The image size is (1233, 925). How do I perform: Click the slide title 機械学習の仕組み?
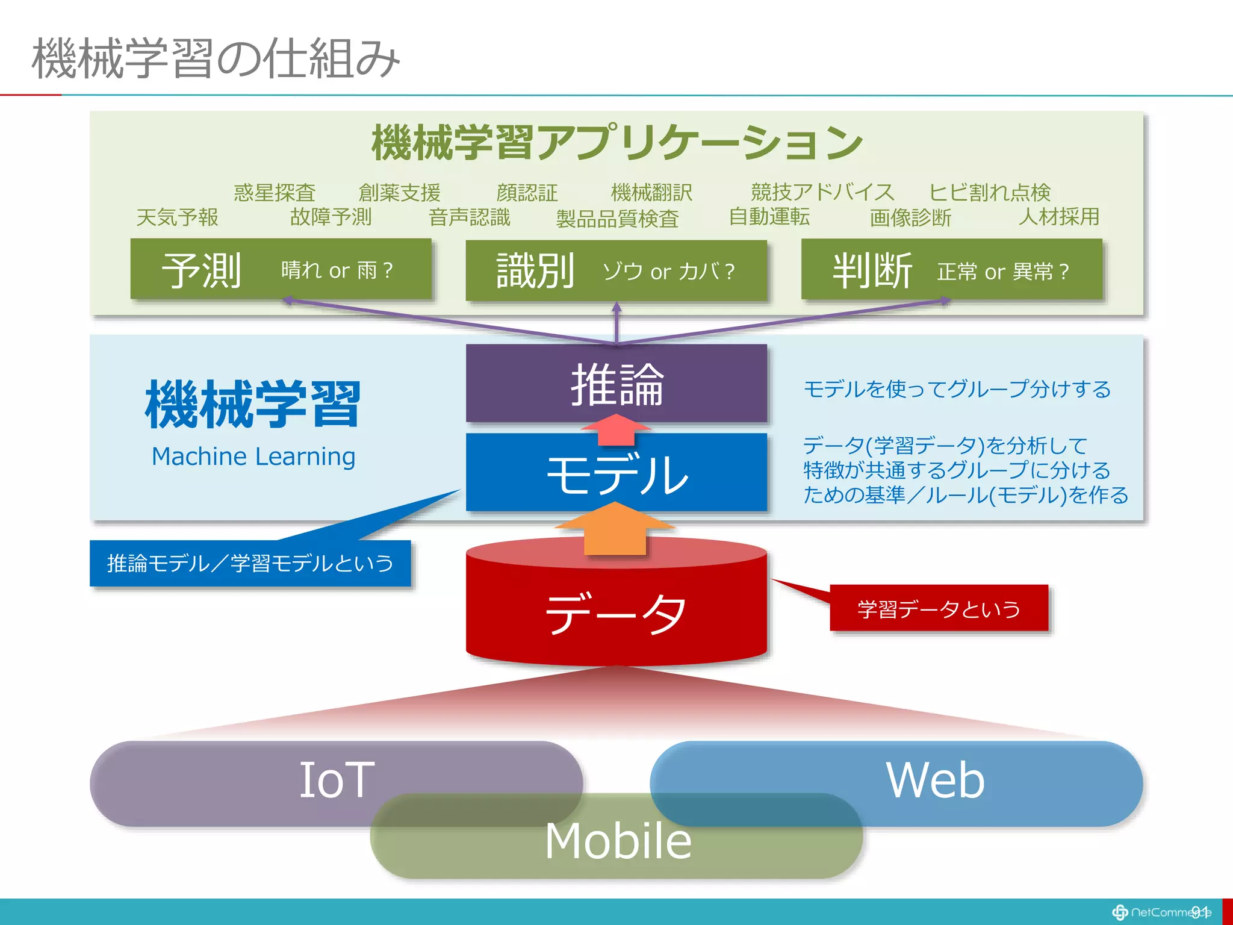216,58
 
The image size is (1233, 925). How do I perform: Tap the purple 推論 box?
616,384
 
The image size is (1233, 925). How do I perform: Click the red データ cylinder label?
616,612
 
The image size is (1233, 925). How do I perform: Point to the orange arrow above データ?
615,530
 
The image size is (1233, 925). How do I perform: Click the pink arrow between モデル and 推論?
616,429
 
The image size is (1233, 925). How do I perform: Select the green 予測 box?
281,269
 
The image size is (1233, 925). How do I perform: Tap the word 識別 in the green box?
535,271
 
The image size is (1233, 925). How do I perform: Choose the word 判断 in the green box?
872,271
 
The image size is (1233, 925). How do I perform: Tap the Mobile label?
618,840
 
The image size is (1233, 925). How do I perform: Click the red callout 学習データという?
938,609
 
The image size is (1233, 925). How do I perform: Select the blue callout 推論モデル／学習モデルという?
250,564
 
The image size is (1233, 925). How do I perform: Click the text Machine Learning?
253,456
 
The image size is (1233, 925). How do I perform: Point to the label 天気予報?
177,217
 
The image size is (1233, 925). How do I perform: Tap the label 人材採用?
1058,216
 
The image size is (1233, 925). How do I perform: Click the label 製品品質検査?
617,219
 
